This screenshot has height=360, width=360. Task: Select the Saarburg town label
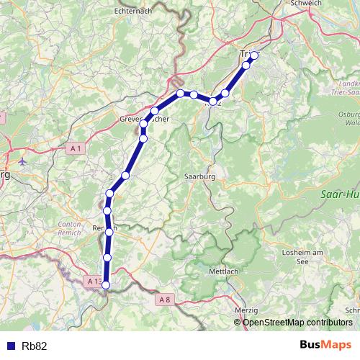(200, 175)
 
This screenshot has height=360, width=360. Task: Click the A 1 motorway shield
(76, 148)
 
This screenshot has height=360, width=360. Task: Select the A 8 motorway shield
(165, 299)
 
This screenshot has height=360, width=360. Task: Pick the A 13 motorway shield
(94, 281)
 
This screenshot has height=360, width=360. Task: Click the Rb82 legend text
(34, 346)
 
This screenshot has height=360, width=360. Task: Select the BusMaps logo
(326, 345)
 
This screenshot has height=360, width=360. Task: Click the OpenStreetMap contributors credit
(297, 322)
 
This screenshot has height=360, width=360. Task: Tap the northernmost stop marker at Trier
(254, 55)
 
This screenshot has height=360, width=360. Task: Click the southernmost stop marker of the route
(106, 285)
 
